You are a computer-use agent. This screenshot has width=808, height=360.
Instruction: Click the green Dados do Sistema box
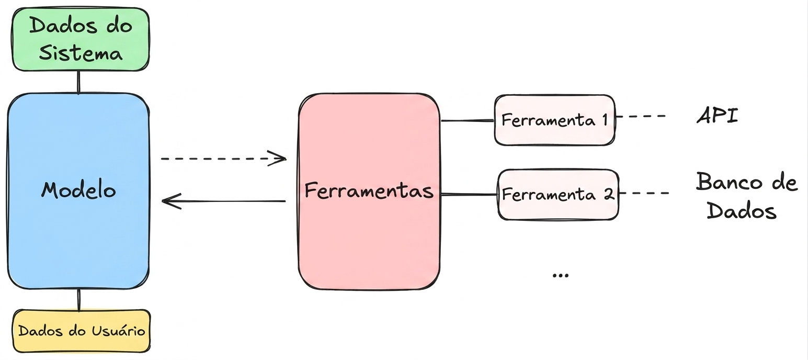point(81,39)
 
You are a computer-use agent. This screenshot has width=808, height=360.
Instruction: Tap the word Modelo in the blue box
point(78,190)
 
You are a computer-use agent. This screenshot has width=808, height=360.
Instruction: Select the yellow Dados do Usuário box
point(82,331)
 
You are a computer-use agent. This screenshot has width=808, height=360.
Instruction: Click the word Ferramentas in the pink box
point(369,190)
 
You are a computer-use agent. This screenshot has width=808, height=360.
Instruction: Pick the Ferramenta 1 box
point(554,120)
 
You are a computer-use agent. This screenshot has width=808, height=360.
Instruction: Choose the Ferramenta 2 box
point(558,195)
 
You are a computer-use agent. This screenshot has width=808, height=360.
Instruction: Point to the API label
point(718,116)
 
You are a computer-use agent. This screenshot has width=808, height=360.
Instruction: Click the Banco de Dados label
point(746,196)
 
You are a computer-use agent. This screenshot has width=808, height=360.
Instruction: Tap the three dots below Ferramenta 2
point(561,276)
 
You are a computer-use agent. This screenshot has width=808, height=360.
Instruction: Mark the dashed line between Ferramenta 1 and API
point(641,116)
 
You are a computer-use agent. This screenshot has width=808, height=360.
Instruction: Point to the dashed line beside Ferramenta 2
point(644,193)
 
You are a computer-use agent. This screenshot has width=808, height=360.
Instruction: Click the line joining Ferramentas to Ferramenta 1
point(467,120)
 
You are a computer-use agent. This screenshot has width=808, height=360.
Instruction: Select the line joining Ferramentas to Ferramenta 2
point(469,195)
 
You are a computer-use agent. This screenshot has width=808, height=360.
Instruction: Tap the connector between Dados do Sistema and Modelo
point(78,82)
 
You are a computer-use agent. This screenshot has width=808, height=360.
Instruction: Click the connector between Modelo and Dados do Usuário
point(79,300)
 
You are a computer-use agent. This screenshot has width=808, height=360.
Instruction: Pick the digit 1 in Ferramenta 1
point(605,119)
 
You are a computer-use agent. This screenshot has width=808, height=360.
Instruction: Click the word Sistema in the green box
point(81,53)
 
